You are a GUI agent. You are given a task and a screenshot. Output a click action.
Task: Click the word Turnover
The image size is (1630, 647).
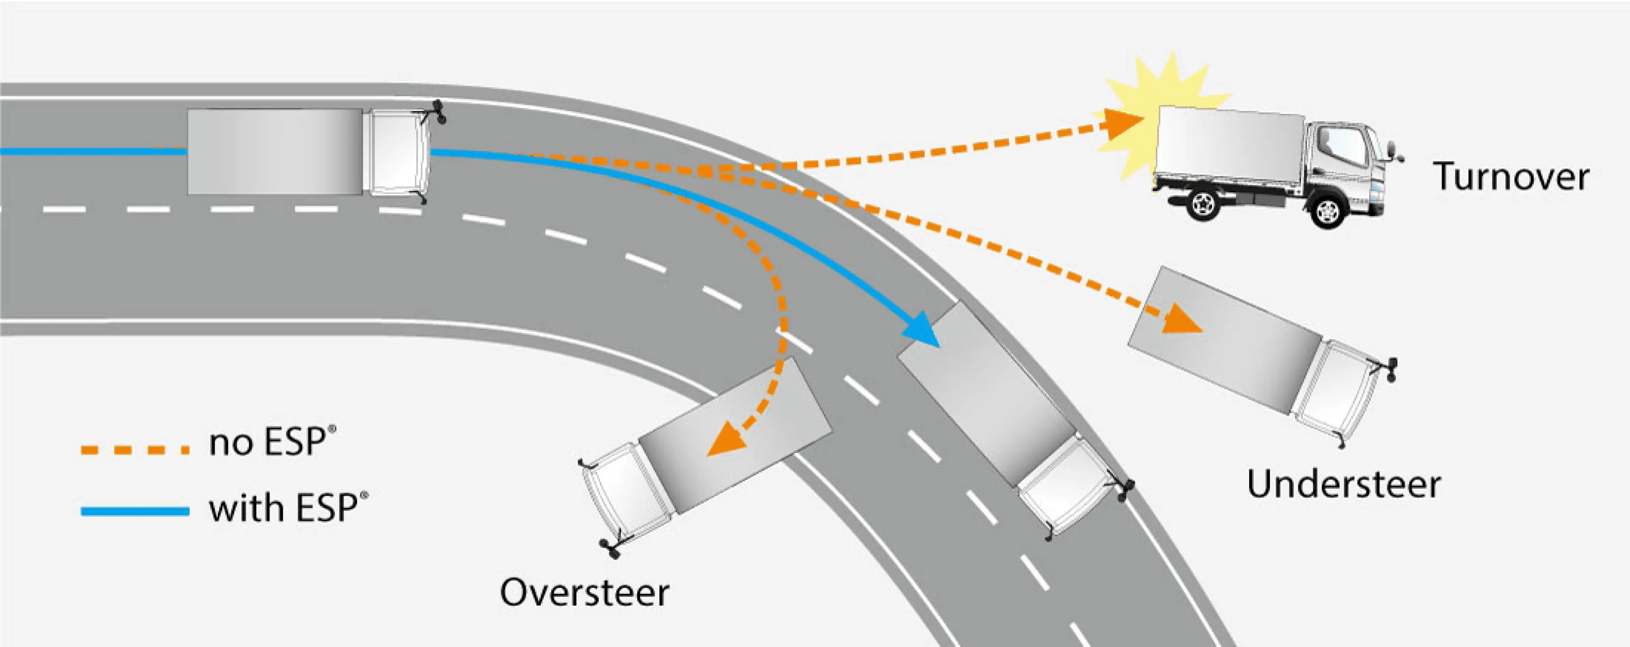tap(1511, 177)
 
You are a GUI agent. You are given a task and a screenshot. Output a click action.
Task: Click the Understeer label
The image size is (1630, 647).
tap(1344, 485)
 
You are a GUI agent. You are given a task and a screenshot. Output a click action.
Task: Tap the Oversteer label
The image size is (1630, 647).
tap(584, 593)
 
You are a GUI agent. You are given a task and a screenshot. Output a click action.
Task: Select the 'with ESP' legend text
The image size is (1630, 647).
tap(288, 508)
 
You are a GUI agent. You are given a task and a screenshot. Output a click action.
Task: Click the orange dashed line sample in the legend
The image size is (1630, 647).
tap(135, 450)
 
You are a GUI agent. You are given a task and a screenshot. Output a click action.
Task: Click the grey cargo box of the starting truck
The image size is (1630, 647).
tap(275, 152)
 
